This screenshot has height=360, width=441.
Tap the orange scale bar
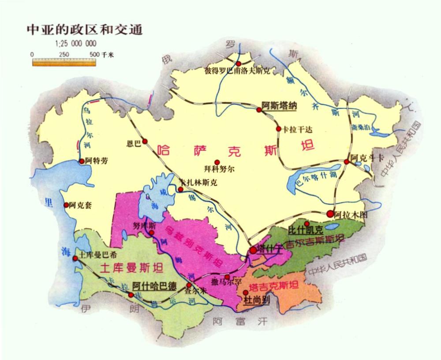tap(64, 63)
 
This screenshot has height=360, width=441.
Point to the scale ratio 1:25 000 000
tap(76, 44)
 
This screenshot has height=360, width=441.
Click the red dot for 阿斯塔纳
tap(259, 110)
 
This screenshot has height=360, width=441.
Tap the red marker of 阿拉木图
tap(330, 214)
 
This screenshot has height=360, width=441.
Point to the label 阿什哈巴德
tap(154, 286)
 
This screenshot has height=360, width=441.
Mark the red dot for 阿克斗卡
tap(347, 162)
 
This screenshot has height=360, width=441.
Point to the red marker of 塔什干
tap(253, 250)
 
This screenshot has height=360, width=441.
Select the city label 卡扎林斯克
tap(198, 182)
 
